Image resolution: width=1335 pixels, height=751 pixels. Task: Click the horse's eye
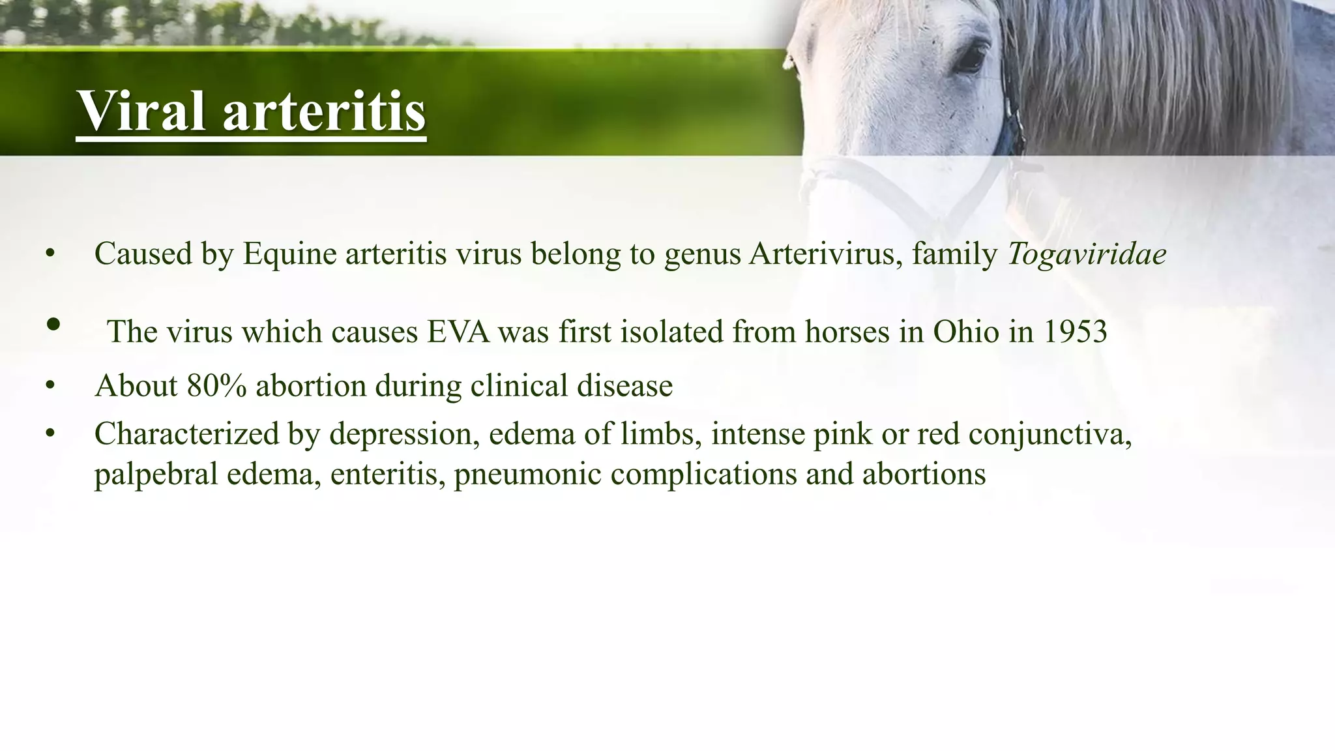click(971, 59)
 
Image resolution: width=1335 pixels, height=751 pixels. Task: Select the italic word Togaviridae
click(1087, 254)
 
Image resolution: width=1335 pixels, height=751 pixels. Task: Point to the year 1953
click(1076, 332)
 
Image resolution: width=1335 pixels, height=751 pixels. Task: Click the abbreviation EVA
click(458, 332)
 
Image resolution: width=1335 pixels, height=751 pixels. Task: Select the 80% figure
click(216, 385)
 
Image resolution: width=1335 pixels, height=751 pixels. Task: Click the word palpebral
click(156, 474)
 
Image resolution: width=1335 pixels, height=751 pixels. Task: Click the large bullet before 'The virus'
click(54, 324)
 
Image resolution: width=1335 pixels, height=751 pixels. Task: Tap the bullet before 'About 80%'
click(50, 385)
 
